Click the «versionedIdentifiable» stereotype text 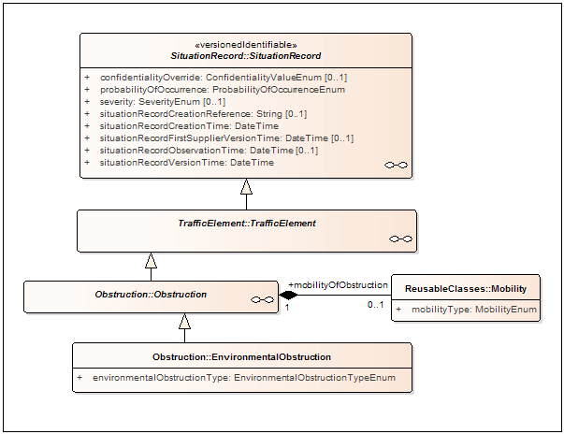[x=245, y=45]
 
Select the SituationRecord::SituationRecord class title [x=245, y=57]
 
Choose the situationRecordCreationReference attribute [x=202, y=113]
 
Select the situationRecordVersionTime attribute [x=188, y=162]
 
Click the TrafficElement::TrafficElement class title [x=247, y=224]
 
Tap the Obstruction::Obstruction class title [x=151, y=295]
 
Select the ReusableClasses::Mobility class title [x=466, y=288]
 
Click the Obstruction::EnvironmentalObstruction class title [x=241, y=356]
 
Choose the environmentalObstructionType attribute [x=244, y=378]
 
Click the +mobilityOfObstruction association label [x=338, y=284]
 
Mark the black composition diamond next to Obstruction [x=288, y=296]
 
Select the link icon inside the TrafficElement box [x=400, y=239]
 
